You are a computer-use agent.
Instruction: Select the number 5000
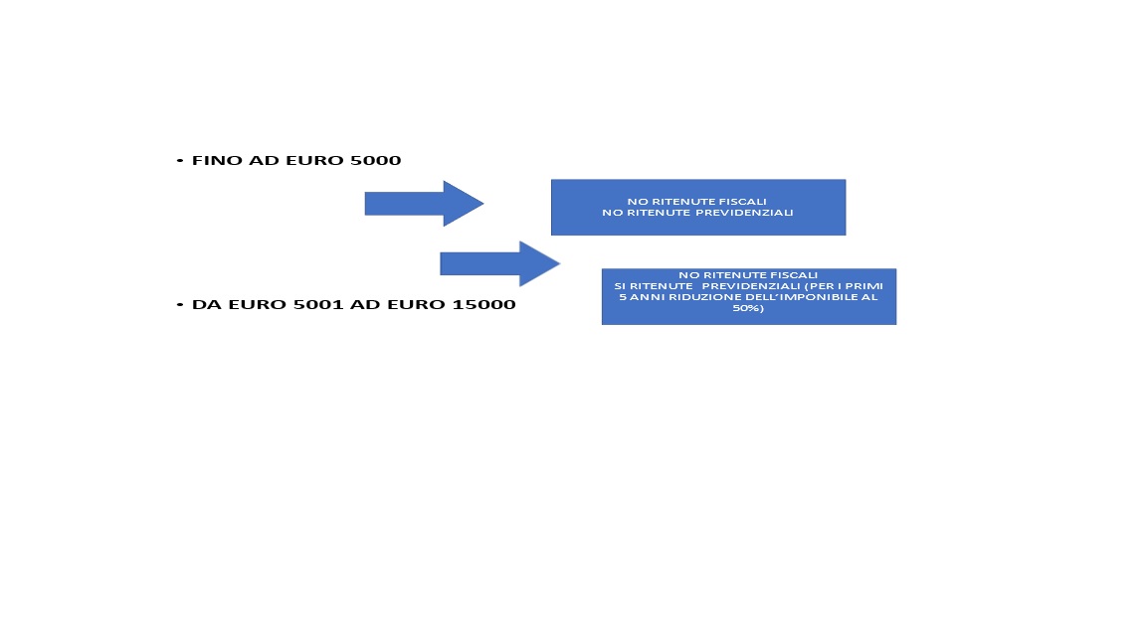coord(376,161)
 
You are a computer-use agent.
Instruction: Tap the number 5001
coord(318,304)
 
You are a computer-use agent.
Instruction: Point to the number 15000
coord(483,304)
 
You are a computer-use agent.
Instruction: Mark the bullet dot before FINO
coord(180,161)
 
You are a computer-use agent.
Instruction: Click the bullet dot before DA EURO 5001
coord(180,304)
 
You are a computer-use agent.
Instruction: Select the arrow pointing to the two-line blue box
coord(424,204)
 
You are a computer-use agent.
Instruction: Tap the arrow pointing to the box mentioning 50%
coord(500,263)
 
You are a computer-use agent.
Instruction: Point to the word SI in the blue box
coord(620,286)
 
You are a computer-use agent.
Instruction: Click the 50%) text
coord(748,308)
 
